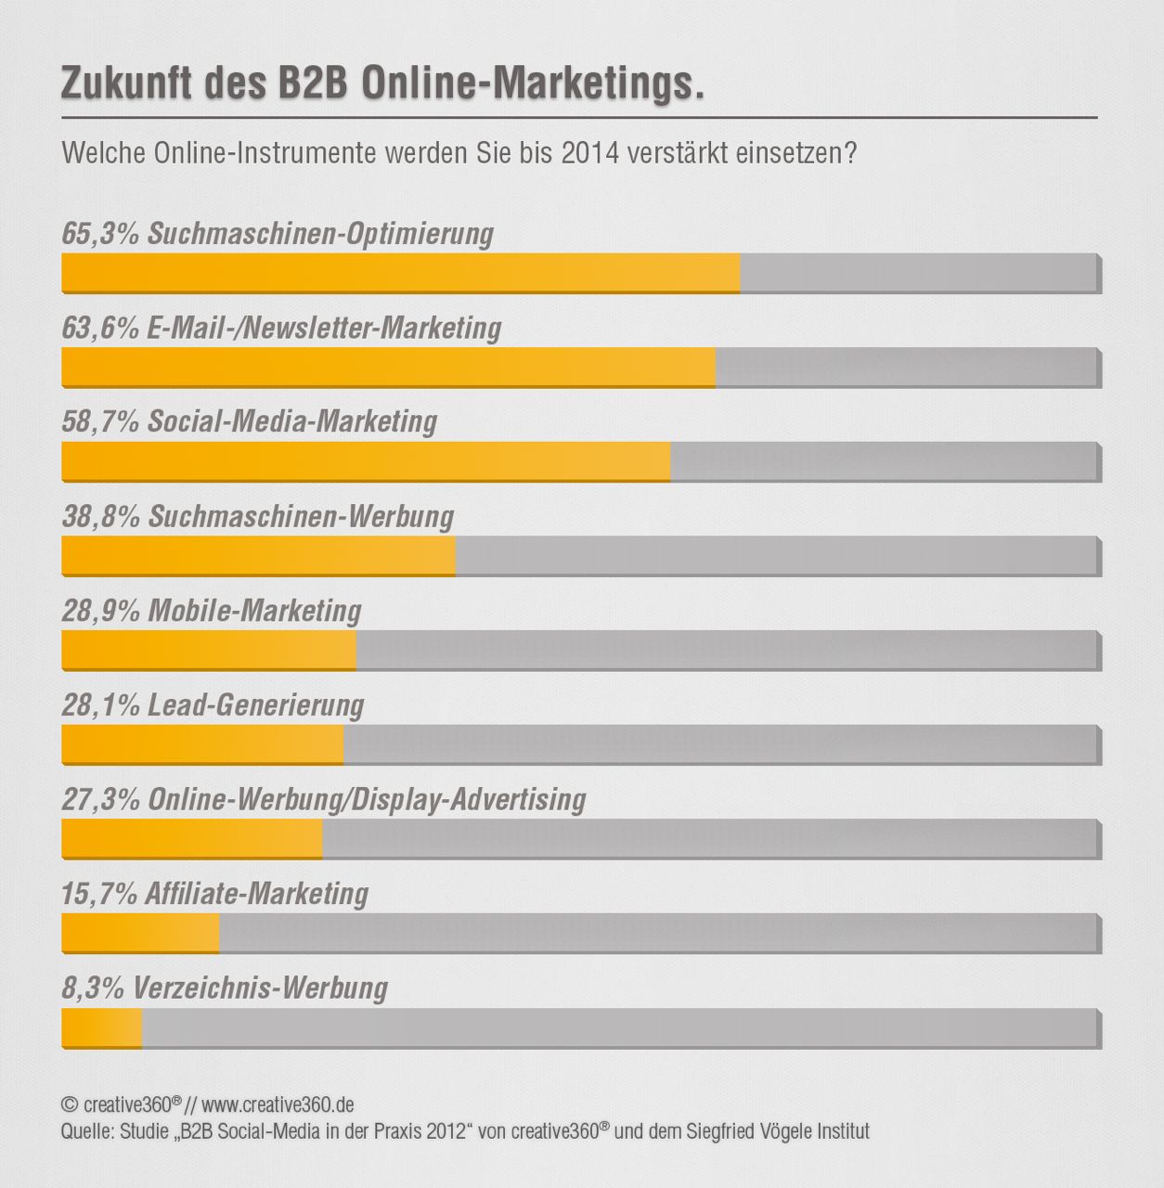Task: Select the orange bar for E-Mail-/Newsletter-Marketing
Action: click(388, 368)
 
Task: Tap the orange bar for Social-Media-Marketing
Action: click(366, 461)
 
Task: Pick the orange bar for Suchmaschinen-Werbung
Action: click(258, 556)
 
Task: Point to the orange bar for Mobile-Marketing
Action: click(209, 650)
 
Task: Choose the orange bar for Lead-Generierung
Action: click(202, 744)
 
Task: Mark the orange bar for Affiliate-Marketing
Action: click(140, 933)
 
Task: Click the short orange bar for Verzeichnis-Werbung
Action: click(101, 1027)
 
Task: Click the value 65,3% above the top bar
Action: click(100, 233)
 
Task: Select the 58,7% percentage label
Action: click(100, 421)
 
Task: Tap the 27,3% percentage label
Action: click(100, 799)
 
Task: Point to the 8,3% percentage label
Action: click(93, 988)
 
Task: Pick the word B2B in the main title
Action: click(311, 84)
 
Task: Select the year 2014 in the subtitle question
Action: click(589, 152)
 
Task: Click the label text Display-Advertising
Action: click(470, 799)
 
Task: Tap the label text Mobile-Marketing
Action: click(254, 611)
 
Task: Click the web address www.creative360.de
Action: click(278, 1104)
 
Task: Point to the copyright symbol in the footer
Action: click(69, 1104)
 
